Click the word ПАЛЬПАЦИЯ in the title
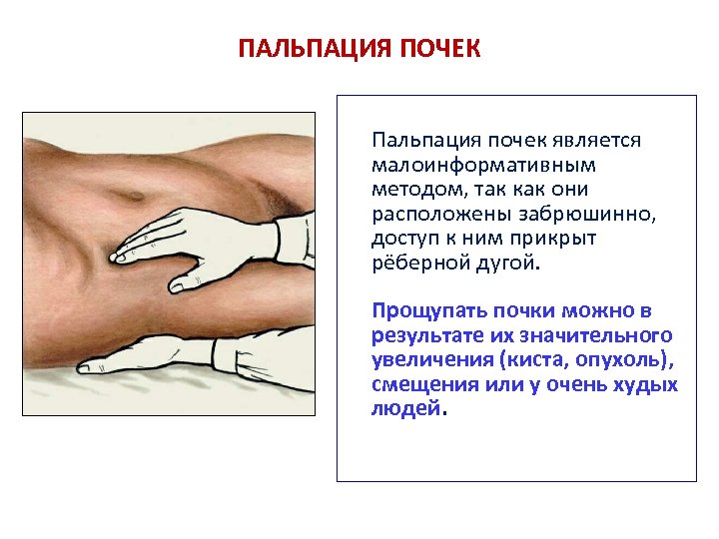pos(299,49)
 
